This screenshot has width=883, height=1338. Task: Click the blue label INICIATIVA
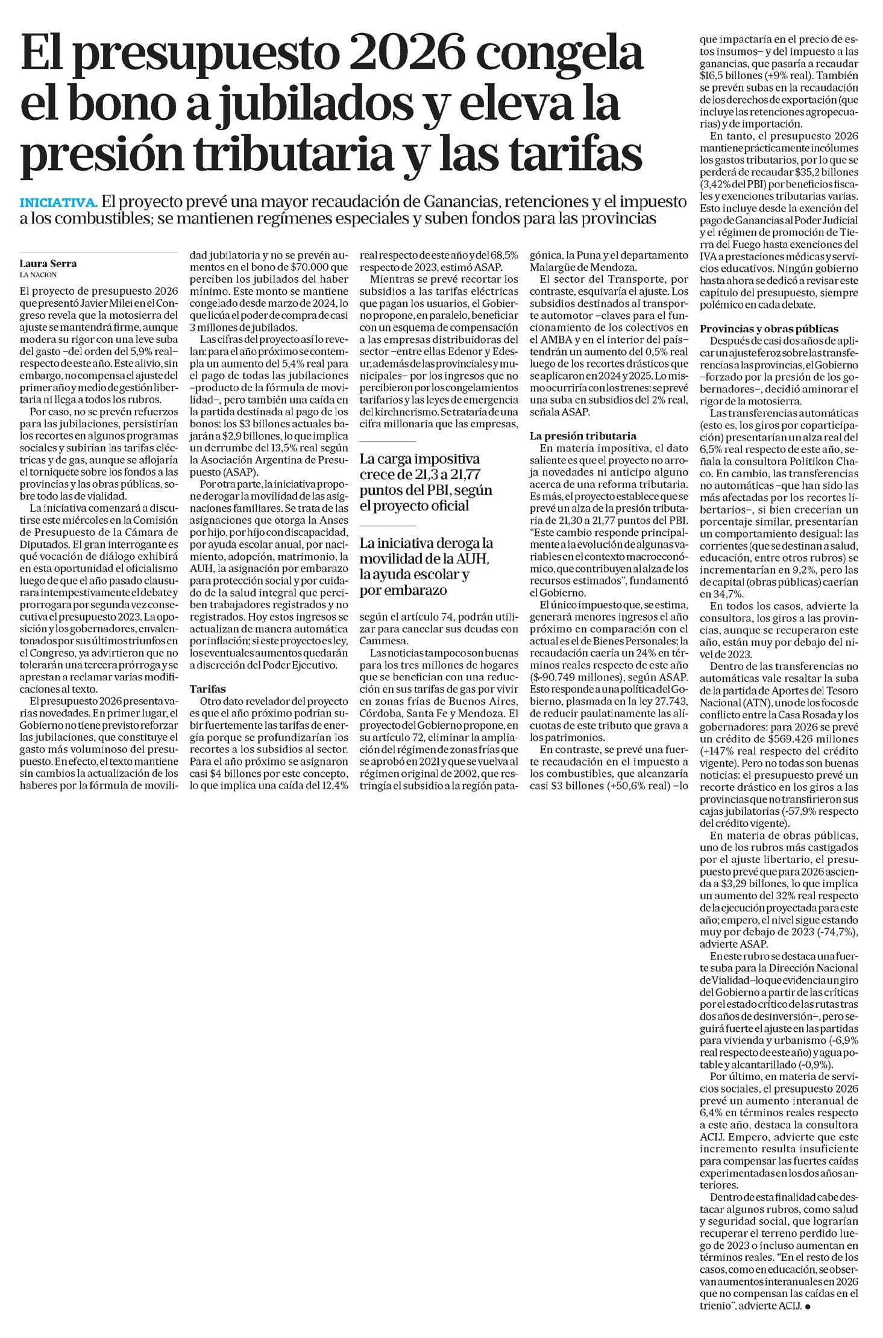point(58,202)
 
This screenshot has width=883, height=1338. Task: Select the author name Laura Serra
point(48,263)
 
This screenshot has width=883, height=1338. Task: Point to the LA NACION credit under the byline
point(39,275)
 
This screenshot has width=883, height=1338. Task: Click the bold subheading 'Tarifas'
point(208,688)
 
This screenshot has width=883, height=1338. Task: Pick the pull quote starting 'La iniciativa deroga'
point(426,567)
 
